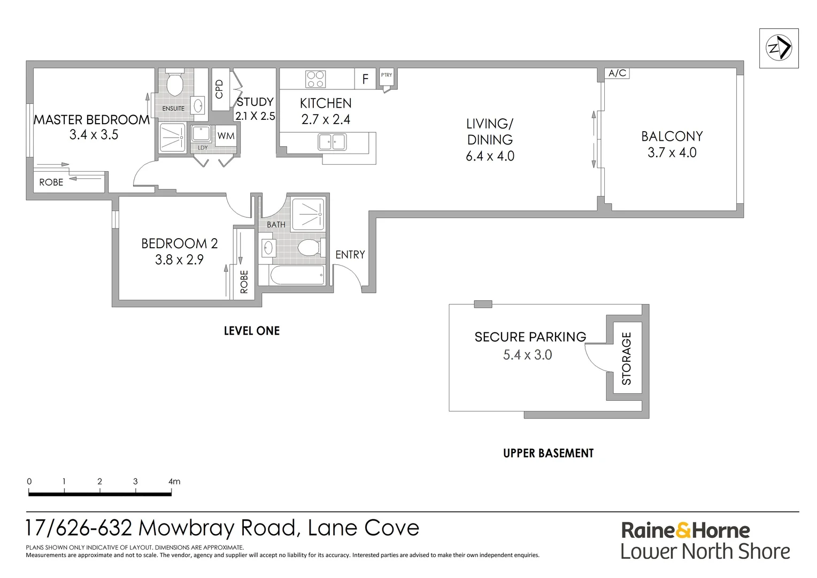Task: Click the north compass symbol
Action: coord(779,48)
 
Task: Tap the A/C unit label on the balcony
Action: coord(617,73)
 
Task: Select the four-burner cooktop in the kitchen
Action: coord(315,79)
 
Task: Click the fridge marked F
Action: coord(365,79)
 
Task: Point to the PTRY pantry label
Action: coord(386,75)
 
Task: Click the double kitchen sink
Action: coord(332,142)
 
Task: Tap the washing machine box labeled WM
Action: coord(226,136)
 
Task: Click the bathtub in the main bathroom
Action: coord(297,276)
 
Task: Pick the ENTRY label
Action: coord(350,255)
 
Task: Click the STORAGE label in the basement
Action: coord(626,358)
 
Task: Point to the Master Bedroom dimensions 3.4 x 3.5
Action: coord(94,135)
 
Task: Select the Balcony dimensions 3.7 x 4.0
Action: coord(672,153)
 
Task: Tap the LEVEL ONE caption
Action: coord(251,331)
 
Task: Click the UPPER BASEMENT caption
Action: coord(548,453)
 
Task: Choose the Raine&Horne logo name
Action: coord(685,530)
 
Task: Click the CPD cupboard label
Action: coord(219,89)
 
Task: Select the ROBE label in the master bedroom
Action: coord(51,182)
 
